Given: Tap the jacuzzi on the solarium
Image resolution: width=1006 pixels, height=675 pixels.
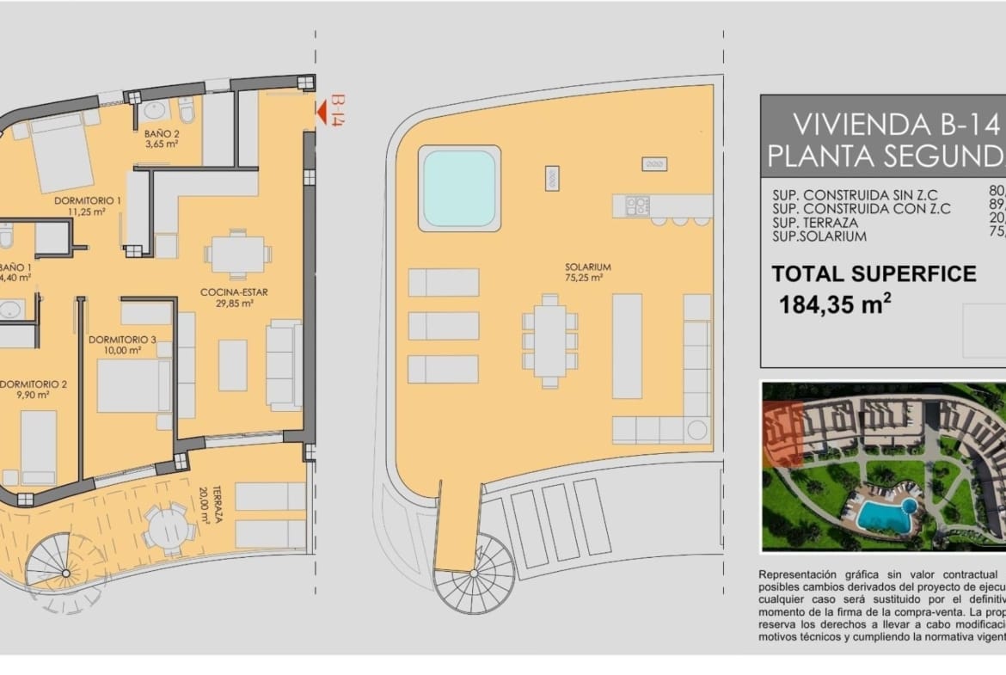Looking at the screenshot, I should (459, 188).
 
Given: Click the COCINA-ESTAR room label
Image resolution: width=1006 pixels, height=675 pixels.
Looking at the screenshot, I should (234, 298).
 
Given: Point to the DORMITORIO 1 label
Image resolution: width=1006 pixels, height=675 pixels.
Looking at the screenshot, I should (87, 206).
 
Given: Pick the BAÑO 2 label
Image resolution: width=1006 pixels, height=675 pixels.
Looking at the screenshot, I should (162, 138).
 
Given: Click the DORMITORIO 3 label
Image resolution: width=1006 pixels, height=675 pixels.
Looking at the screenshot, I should (122, 345).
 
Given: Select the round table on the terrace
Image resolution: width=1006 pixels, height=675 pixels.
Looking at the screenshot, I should (165, 526).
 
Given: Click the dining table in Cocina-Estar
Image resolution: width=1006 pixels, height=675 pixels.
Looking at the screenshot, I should (237, 254).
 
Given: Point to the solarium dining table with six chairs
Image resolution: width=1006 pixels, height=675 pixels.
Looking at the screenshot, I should (549, 335).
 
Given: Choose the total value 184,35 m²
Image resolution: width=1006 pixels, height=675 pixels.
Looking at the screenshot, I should (834, 305).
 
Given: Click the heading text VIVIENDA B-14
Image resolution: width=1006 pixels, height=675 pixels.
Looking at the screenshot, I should (894, 125).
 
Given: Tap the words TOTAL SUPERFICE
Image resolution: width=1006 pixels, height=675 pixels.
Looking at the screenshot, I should (874, 274).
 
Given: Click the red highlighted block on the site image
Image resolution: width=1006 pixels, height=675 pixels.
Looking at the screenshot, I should (782, 434).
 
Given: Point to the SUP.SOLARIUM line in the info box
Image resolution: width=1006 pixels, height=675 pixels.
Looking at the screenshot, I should (819, 236).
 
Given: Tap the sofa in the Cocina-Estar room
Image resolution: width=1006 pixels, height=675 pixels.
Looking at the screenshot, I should (284, 364).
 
